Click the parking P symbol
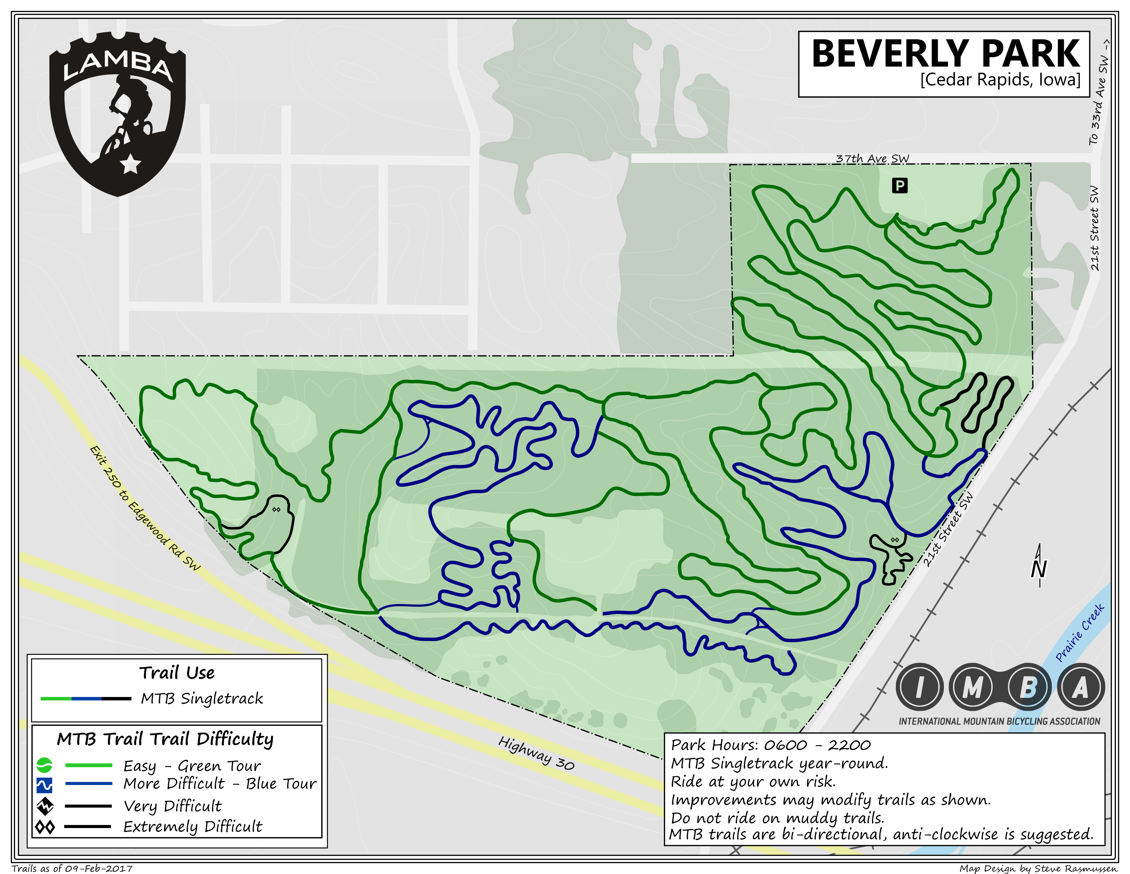900,185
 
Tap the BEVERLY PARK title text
946,54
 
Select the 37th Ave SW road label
872,158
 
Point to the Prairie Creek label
1080,633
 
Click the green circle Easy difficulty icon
45,765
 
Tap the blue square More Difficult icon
45,785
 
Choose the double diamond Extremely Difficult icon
45,827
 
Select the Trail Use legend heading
177,673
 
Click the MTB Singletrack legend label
202,699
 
